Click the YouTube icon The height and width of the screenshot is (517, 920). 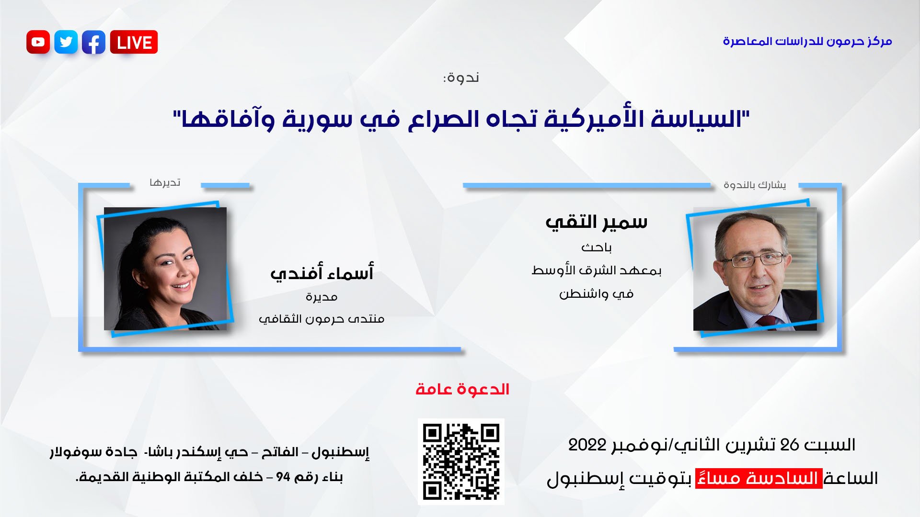[x=38, y=42]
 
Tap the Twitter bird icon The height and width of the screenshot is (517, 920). [x=66, y=42]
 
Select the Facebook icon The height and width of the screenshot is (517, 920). [x=94, y=42]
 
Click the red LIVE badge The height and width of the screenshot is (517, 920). [x=134, y=42]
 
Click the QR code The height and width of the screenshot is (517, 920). [x=461, y=461]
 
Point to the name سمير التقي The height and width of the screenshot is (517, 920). [x=597, y=222]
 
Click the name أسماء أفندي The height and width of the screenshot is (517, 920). [x=322, y=273]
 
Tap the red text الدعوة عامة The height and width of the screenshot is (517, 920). [x=462, y=389]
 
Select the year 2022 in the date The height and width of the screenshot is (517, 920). [x=587, y=445]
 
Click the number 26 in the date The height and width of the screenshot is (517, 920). [x=790, y=445]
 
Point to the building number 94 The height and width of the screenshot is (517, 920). [x=283, y=477]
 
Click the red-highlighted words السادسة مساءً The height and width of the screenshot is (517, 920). [x=759, y=478]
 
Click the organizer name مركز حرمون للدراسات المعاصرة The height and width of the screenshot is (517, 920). [x=807, y=41]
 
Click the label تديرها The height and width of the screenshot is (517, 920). [x=165, y=183]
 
